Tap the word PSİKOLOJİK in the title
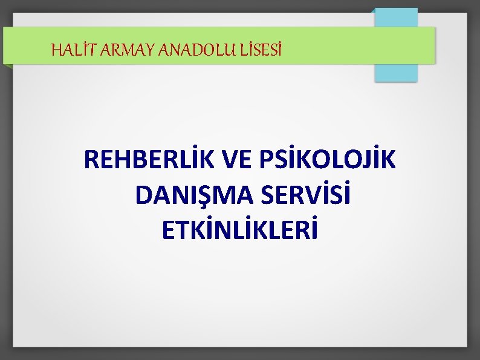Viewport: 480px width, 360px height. point(328,160)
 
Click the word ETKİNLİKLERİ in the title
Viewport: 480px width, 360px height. point(239,230)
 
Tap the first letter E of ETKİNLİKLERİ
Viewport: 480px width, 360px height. point(169,230)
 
